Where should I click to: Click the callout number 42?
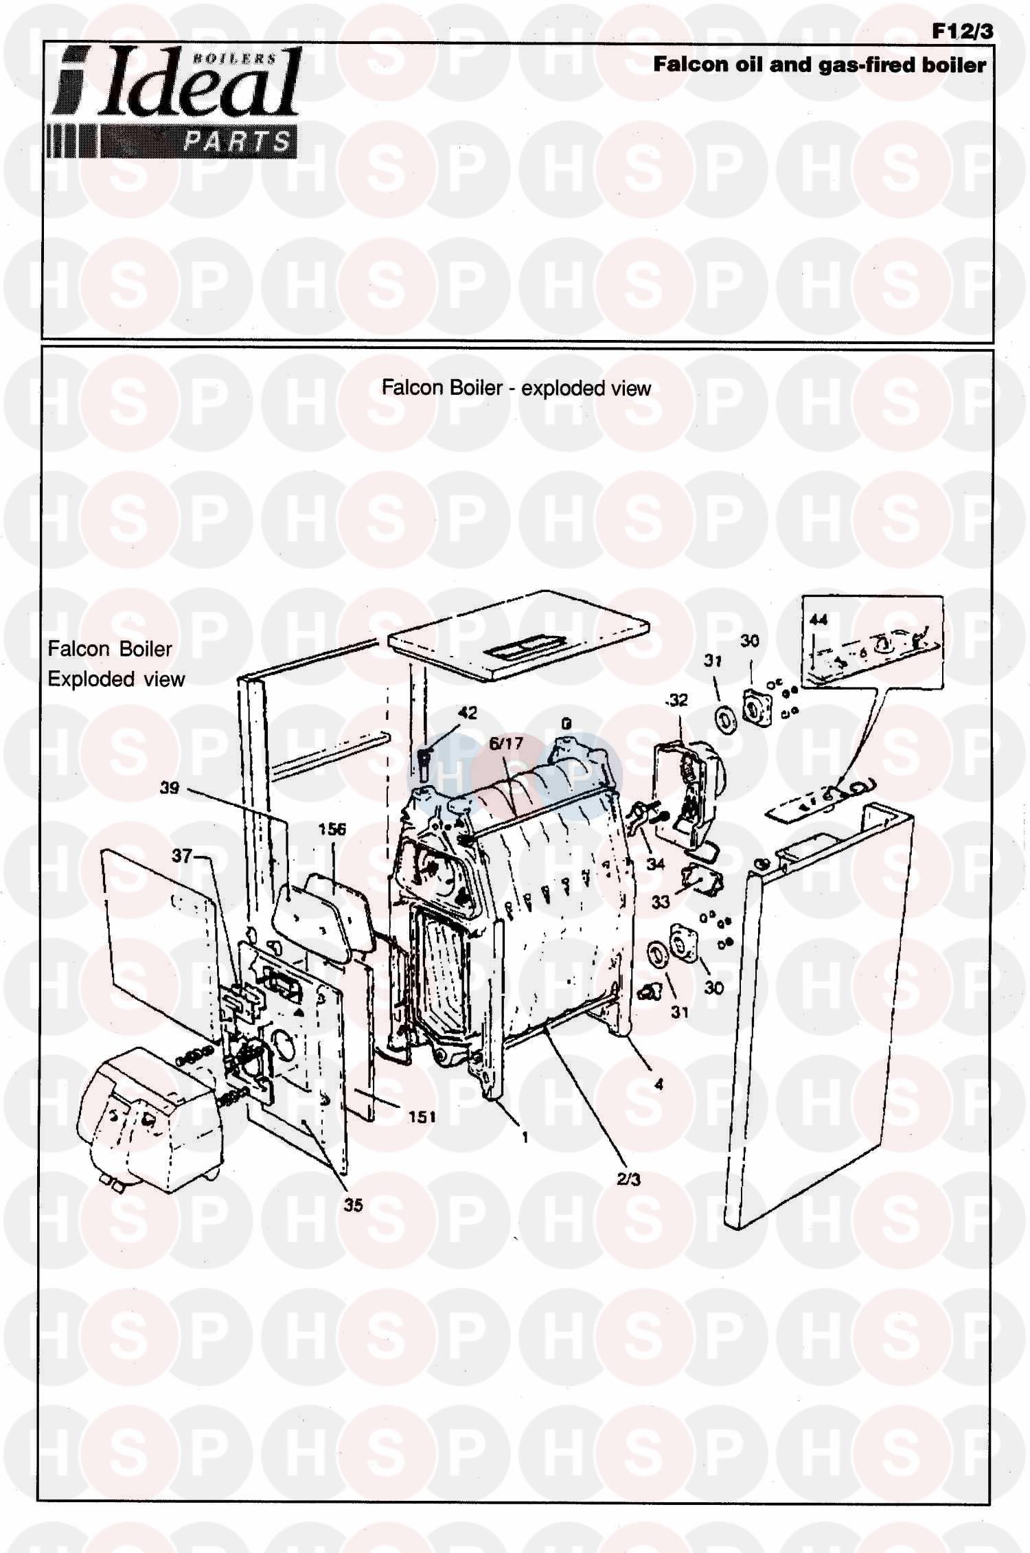(x=468, y=713)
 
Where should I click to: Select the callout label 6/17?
(x=506, y=743)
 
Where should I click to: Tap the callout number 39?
(x=170, y=788)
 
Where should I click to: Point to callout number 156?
(x=332, y=830)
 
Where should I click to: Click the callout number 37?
(x=182, y=856)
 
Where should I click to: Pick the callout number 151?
(x=422, y=1118)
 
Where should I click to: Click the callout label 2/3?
(x=628, y=1180)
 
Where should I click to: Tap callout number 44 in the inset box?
(x=819, y=620)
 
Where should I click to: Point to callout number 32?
(x=678, y=700)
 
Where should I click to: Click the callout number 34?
(x=656, y=863)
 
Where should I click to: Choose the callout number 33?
(x=661, y=901)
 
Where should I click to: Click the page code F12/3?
(x=963, y=32)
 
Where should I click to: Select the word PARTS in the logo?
(x=238, y=142)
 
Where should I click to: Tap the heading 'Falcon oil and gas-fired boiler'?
(x=820, y=65)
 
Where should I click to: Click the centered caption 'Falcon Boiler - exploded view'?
(x=516, y=388)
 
